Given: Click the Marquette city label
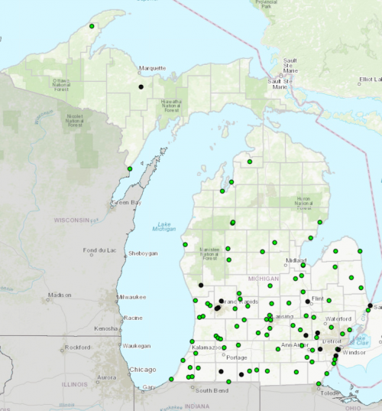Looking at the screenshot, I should [x=152, y=68].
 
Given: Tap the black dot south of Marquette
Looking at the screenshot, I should [x=141, y=86].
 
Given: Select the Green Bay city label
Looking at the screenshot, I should [x=126, y=203].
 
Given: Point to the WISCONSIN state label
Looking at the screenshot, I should [x=72, y=220].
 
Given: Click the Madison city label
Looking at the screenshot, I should [x=59, y=295].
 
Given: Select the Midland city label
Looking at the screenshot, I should [x=296, y=260].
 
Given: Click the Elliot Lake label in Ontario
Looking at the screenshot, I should [x=370, y=79].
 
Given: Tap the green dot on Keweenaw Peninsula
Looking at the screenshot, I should [x=92, y=26].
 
